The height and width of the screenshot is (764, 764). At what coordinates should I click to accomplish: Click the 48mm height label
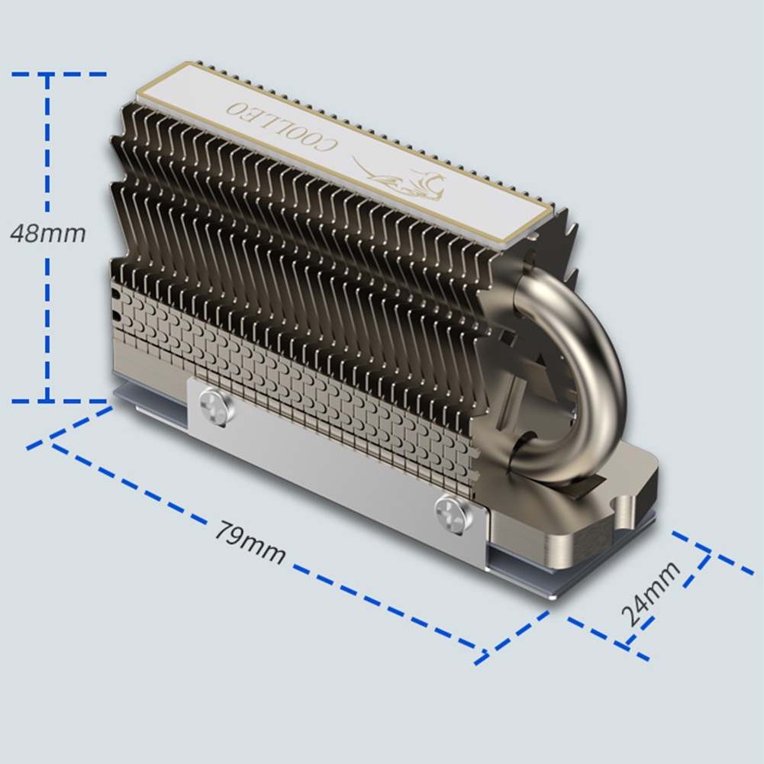click(x=47, y=233)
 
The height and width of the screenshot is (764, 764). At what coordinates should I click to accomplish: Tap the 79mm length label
click(x=249, y=543)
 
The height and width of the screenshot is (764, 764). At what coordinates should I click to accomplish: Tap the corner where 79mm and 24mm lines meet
click(x=481, y=654)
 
